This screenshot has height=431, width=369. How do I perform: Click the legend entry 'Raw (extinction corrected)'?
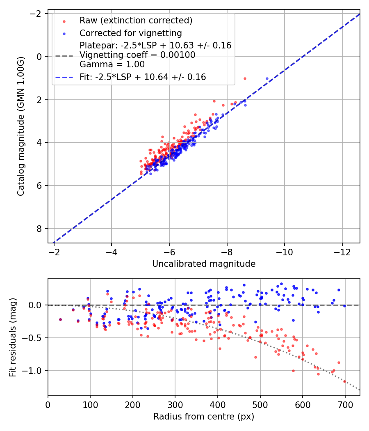tap(136, 21)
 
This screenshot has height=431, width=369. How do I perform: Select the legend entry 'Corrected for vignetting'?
tap(130, 33)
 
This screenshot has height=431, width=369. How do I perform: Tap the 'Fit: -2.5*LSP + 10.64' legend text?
tap(143, 77)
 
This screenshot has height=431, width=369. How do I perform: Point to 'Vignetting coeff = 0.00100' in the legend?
tap(137, 55)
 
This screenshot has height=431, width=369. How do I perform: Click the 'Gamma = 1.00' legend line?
tap(112, 64)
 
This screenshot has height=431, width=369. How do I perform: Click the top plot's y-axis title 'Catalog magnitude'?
tap(20, 126)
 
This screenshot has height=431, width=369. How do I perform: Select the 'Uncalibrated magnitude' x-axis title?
tap(204, 264)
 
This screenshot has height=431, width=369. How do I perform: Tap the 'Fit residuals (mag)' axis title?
tap(12, 337)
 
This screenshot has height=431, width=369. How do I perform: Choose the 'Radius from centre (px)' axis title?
tap(204, 417)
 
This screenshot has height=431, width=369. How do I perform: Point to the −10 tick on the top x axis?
tap(285, 251)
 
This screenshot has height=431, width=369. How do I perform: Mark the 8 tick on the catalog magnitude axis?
tap(40, 229)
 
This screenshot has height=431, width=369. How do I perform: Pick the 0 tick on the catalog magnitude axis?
tap(40, 57)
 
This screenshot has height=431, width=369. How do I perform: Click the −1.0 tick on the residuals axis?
tap(36, 371)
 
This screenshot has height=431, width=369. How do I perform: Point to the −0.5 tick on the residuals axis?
tap(36, 338)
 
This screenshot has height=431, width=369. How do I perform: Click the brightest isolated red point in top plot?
tap(245, 78)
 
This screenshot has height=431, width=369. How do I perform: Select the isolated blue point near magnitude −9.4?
tap(267, 78)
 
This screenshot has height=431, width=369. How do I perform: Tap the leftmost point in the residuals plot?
tap(60, 319)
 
